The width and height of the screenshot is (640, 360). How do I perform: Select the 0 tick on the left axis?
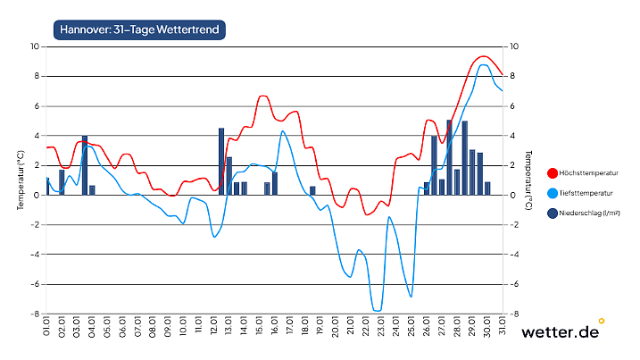[x=35, y=195]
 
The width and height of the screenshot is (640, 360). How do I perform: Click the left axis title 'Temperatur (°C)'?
[x=20, y=180]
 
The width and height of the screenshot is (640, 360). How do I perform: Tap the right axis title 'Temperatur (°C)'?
[x=530, y=180]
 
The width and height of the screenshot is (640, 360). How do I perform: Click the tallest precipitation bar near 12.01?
[x=221, y=161]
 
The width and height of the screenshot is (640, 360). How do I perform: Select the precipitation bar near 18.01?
[x=312, y=190]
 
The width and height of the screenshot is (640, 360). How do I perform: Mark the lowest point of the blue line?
[x=378, y=310]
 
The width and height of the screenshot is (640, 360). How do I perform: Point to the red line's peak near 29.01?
[x=483, y=56]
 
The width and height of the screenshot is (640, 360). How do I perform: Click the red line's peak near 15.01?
[x=263, y=96]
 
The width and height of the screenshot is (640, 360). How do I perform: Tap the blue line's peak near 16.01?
[x=283, y=131]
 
